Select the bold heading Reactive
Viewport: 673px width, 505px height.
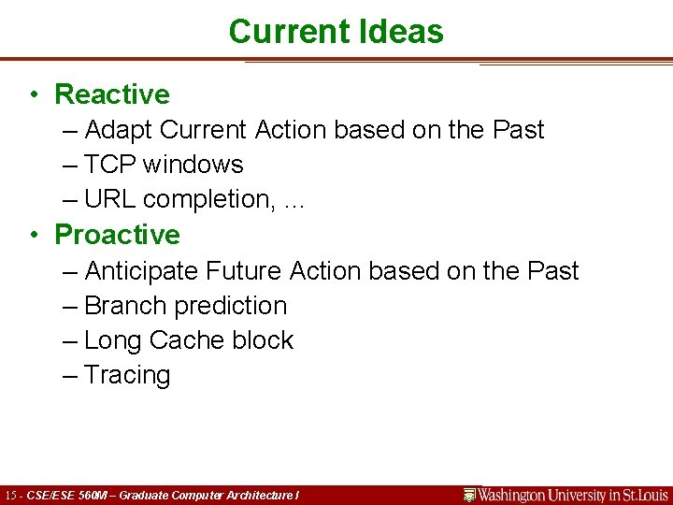point(112,94)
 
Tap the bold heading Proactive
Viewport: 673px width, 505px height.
point(117,234)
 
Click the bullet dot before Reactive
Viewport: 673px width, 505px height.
point(33,95)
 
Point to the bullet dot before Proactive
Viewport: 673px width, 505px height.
point(33,235)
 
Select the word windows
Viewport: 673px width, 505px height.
point(193,165)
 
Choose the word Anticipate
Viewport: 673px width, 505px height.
point(141,271)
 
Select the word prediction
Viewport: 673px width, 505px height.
point(231,306)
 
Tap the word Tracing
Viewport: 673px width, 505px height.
point(127,376)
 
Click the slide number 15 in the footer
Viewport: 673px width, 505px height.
point(11,496)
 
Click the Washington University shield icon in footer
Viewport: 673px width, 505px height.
point(470,495)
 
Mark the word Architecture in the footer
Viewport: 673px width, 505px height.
point(258,496)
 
